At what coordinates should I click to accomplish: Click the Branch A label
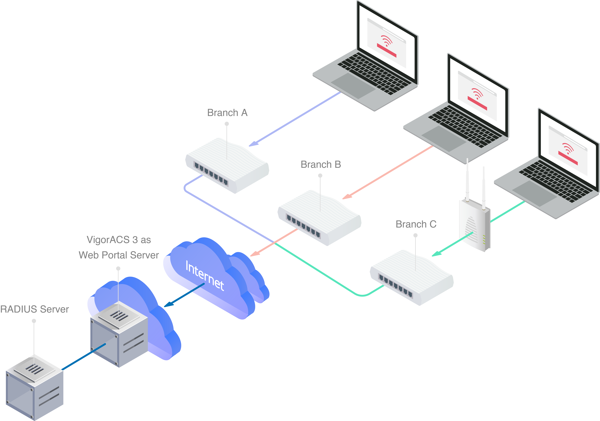[x=227, y=113]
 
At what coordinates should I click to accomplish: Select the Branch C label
[x=416, y=224]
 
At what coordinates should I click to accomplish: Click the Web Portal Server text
[x=119, y=255]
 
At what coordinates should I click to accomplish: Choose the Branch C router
[x=412, y=278]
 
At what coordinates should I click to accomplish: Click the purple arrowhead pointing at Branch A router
[x=253, y=144]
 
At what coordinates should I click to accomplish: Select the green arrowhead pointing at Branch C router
[x=436, y=254]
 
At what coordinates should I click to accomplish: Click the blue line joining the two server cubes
[x=84, y=357]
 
